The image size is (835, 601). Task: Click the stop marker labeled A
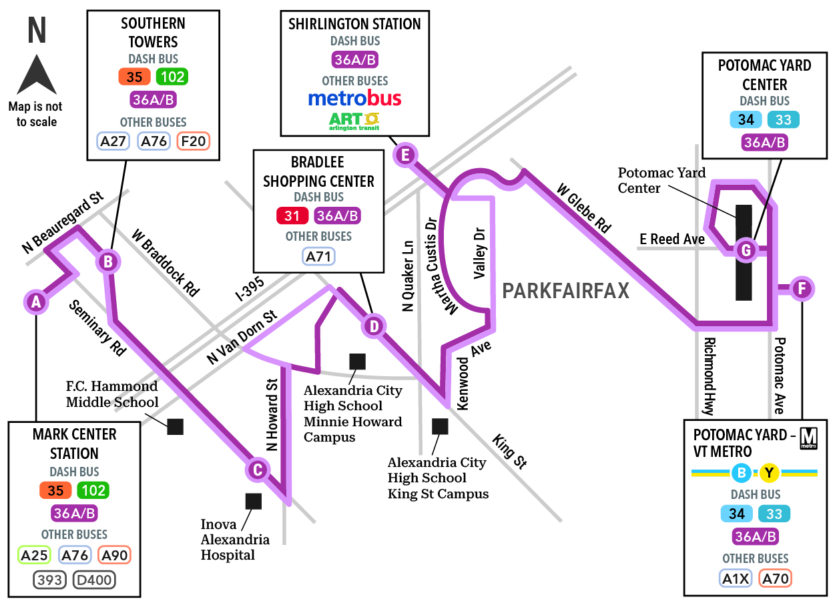36,302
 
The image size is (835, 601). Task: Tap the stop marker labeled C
257,470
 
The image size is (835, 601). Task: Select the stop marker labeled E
405,155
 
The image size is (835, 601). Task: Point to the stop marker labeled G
746,250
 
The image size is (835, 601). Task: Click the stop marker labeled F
802,288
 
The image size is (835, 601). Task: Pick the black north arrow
37,75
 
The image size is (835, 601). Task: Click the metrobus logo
354,98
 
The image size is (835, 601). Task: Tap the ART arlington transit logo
354,121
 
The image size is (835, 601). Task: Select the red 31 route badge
292,215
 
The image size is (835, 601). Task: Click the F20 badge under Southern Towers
193,141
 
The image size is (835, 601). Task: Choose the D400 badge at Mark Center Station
94,580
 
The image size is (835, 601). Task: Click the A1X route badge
735,578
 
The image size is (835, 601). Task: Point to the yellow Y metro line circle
769,472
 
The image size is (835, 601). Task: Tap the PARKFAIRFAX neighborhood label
565,291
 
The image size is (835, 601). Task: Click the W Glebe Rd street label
584,208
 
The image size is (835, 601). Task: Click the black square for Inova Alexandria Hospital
254,502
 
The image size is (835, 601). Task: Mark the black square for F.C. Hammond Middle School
175,427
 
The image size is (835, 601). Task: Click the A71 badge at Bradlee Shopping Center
318,256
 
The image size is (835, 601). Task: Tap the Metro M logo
808,438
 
